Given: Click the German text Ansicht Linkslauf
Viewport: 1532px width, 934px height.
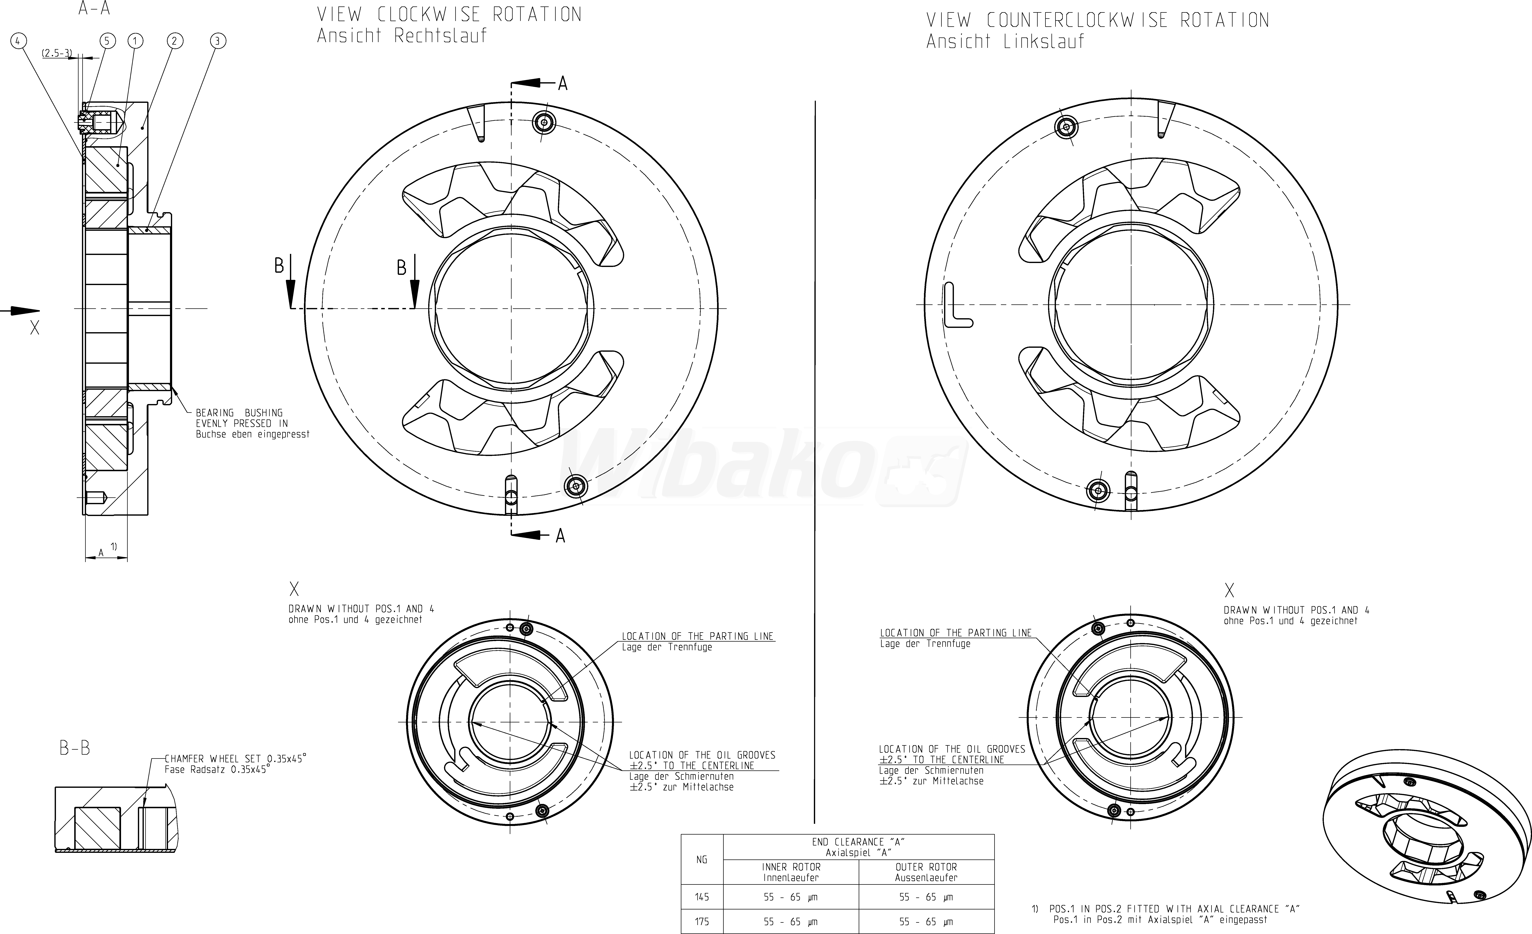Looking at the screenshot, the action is click(x=1005, y=42).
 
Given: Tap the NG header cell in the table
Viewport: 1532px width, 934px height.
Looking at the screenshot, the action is click(x=702, y=859).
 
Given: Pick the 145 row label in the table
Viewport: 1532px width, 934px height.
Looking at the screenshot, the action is click(x=702, y=897).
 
